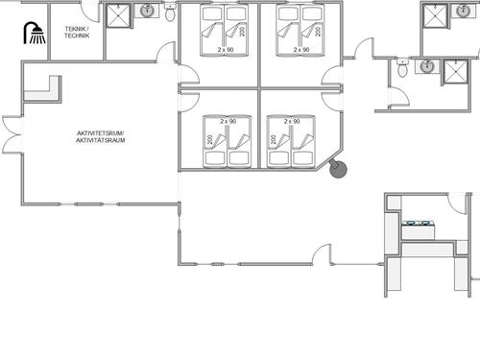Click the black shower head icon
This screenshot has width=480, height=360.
coord(35,33)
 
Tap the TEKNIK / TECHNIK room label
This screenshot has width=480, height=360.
coord(77,33)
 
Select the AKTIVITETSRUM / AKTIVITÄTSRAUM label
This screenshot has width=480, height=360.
coord(100,136)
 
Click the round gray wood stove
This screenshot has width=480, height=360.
coord(338,169)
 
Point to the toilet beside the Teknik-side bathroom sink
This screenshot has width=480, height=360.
coord(170,12)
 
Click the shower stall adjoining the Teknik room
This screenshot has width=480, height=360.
coord(118,16)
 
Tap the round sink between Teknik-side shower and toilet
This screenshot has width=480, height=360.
coord(147,11)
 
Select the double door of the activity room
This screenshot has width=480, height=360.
coord(12,134)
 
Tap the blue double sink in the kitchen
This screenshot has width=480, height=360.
coord(418,224)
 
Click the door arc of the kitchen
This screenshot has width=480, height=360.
coord(456,204)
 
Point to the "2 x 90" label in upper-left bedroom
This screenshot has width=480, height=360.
coord(226,50)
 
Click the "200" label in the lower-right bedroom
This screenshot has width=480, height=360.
coord(273,139)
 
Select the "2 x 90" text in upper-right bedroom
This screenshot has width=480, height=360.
coord(301,50)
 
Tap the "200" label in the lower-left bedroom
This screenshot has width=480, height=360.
coord(209,139)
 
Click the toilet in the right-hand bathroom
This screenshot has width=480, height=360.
coord(402,67)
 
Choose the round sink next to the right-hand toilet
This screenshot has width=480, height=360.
coord(427,66)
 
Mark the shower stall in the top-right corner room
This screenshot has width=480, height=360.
coord(435,16)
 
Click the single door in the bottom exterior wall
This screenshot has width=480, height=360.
coord(322,254)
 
